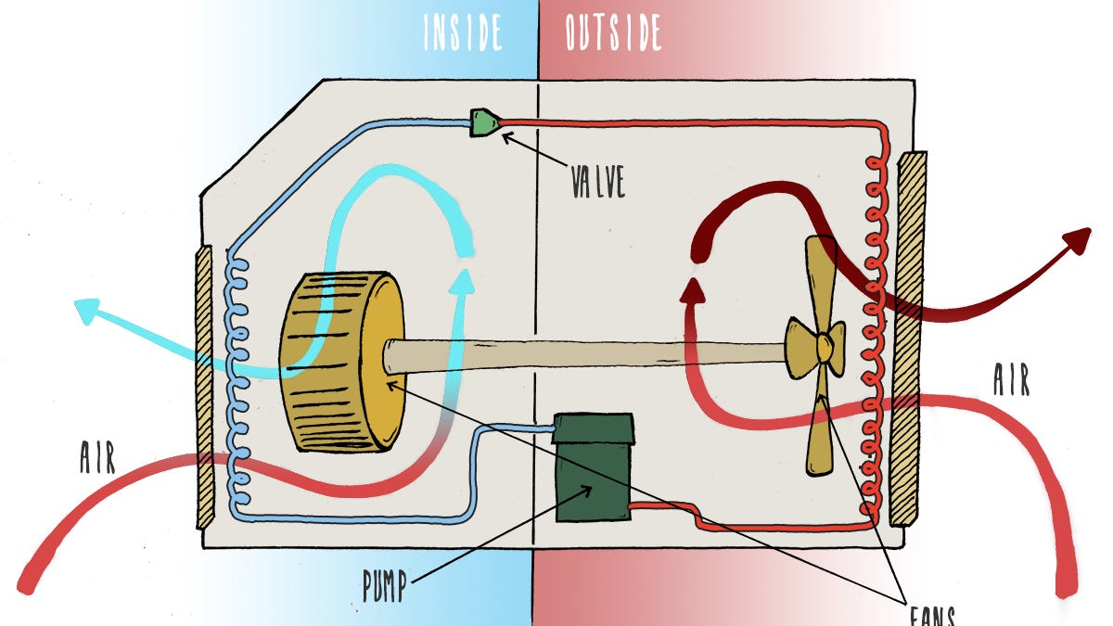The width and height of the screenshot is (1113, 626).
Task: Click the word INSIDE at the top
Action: pyautogui.click(x=463, y=32)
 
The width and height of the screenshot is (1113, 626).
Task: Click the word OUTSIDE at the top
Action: pyautogui.click(x=613, y=32)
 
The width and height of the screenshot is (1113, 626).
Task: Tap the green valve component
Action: pyautogui.click(x=483, y=122)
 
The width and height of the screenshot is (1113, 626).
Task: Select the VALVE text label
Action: pyautogui.click(x=597, y=182)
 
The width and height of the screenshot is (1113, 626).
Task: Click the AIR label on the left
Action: pyautogui.click(x=97, y=458)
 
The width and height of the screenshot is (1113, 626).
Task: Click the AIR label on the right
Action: pyautogui.click(x=1011, y=379)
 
